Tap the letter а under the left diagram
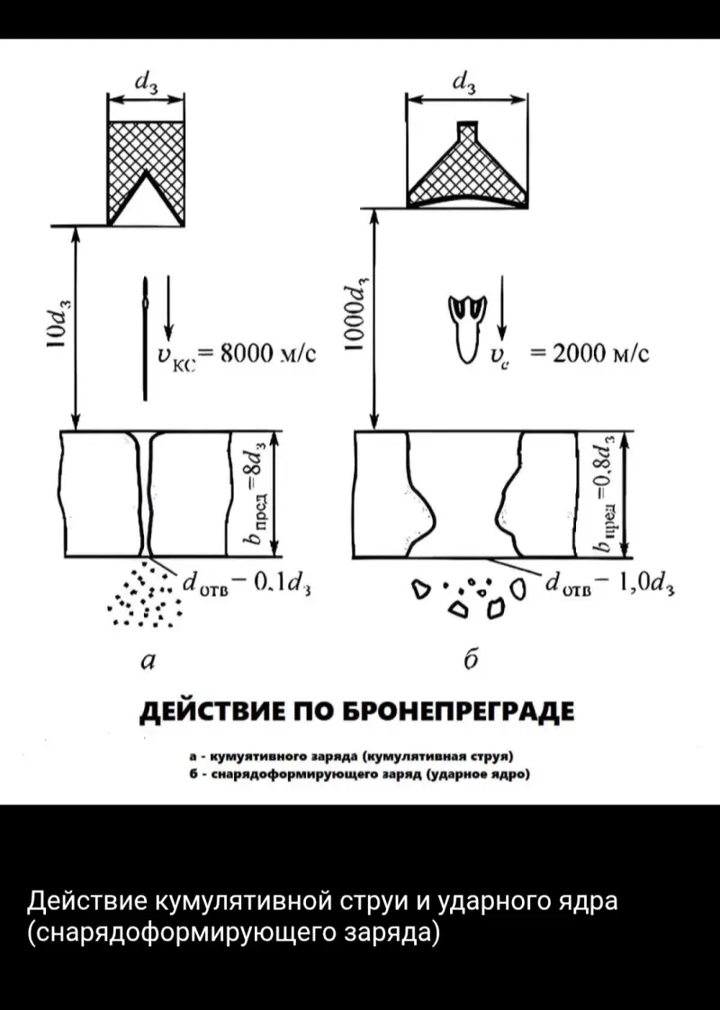pyautogui.click(x=148, y=662)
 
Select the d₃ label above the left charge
pyautogui.click(x=145, y=80)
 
